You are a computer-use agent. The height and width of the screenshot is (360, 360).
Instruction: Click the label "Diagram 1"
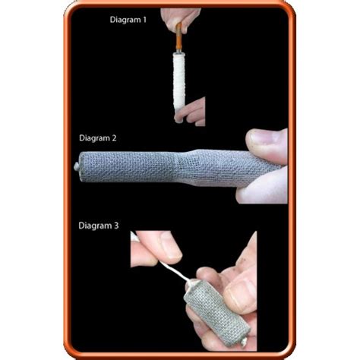[x=128, y=20]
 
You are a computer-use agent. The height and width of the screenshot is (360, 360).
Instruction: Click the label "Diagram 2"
[x=98, y=138]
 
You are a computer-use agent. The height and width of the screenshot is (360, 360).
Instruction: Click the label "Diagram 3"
[x=99, y=226]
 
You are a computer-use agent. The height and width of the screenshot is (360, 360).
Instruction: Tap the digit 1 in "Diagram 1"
[x=144, y=20]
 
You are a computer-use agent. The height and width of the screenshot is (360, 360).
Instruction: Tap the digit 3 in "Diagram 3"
[x=116, y=226]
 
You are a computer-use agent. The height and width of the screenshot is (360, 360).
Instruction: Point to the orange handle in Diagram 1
[x=178, y=37]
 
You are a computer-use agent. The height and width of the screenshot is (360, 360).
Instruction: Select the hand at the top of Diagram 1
[x=180, y=17]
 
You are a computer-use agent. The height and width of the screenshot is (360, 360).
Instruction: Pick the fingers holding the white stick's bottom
[x=191, y=112]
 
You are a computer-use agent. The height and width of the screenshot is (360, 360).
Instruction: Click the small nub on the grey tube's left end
[x=76, y=166]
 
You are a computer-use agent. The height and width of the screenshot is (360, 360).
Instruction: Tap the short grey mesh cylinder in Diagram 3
[x=217, y=313]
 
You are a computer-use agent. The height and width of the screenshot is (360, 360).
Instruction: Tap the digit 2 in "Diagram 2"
[x=114, y=138]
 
